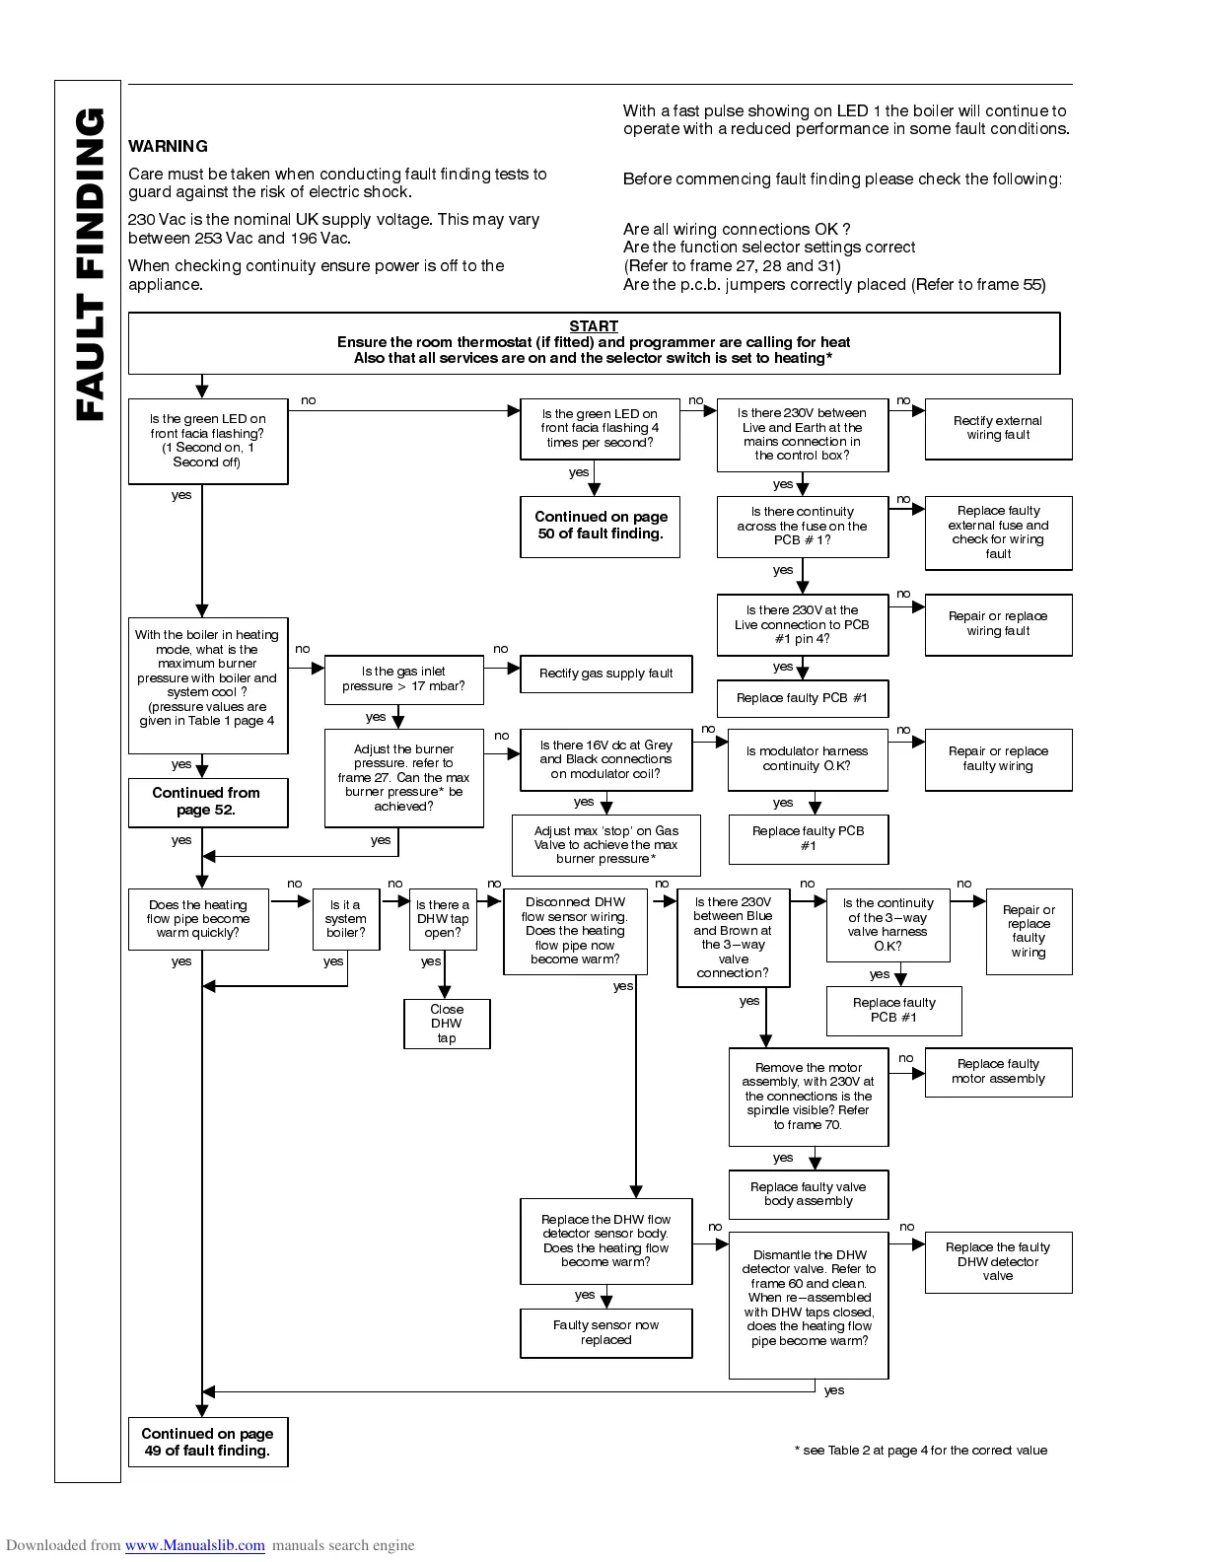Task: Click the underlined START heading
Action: click(x=594, y=326)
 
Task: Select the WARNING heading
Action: click(x=168, y=147)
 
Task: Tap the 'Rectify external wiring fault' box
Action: click(x=998, y=428)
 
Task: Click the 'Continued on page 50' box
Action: click(x=601, y=526)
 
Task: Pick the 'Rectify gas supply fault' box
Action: click(x=605, y=674)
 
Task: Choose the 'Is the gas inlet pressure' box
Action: click(x=403, y=679)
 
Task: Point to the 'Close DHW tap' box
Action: click(x=447, y=1024)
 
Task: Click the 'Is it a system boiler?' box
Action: click(x=346, y=919)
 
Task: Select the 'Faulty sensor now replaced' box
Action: click(x=605, y=1332)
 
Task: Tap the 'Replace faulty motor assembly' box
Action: click(x=998, y=1072)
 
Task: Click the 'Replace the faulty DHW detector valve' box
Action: click(x=998, y=1262)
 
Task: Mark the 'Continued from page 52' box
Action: click(x=207, y=802)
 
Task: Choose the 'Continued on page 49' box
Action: click(x=207, y=1442)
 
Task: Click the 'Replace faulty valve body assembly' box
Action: click(x=808, y=1194)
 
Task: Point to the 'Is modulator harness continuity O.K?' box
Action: click(x=807, y=759)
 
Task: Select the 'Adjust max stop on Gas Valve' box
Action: click(x=605, y=845)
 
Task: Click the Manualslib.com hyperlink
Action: click(x=194, y=1545)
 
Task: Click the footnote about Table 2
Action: click(x=921, y=1451)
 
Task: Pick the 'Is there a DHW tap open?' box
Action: click(x=443, y=919)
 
